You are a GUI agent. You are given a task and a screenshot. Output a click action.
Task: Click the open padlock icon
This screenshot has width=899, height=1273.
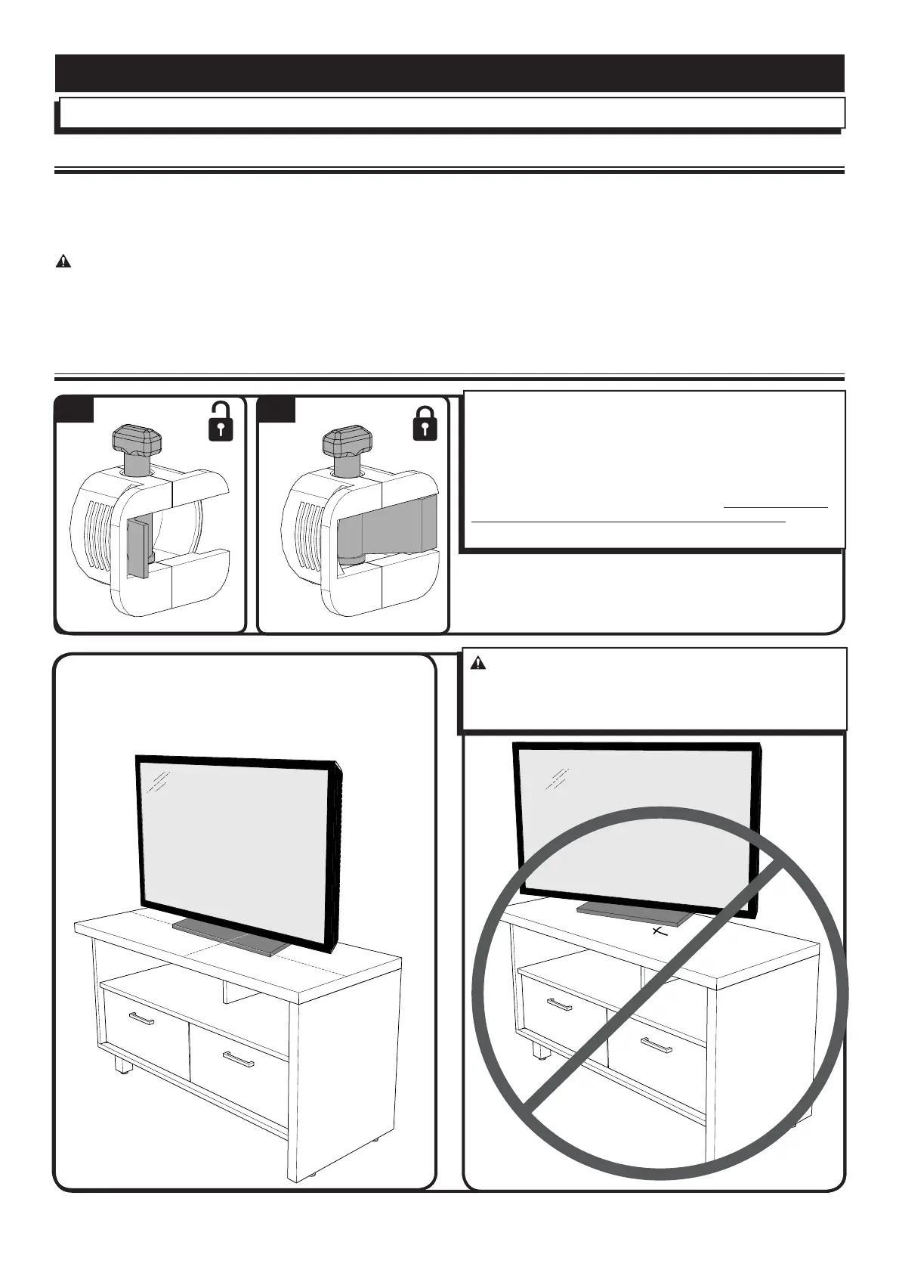221,423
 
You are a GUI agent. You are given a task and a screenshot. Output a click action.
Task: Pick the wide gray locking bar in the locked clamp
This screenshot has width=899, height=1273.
388,524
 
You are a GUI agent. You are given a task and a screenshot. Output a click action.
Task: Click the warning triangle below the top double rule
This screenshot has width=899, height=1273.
63,262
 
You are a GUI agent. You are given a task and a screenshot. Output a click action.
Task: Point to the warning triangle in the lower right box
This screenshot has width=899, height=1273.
478,664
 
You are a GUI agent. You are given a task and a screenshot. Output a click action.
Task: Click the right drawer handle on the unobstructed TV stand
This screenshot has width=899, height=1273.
238,1060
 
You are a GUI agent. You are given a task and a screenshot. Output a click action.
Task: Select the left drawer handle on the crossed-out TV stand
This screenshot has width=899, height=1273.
560,1004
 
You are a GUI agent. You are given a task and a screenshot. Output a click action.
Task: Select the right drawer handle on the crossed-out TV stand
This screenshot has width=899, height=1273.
656,1045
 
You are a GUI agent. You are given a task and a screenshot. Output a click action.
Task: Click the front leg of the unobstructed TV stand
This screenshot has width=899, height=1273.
120,1065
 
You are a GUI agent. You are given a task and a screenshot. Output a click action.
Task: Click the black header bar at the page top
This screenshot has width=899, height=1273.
449,73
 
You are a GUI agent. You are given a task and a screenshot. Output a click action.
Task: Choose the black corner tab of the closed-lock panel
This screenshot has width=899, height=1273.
277,409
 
